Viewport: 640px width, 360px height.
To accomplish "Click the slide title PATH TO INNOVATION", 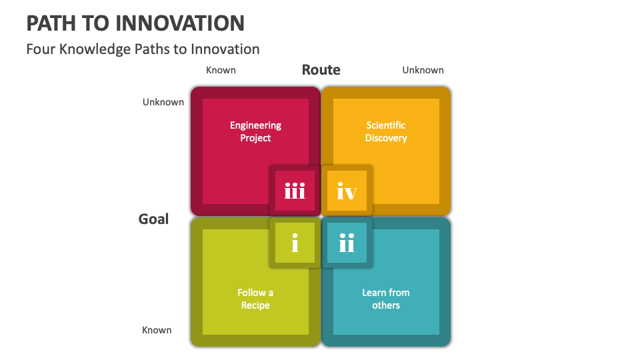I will click(135, 23).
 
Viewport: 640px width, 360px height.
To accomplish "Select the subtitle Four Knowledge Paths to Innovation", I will click(143, 49).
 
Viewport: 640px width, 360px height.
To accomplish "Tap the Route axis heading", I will click(321, 70).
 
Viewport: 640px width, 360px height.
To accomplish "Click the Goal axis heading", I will click(153, 219).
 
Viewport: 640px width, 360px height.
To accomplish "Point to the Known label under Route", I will click(221, 70).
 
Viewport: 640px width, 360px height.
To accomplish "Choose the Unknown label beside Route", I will click(423, 70).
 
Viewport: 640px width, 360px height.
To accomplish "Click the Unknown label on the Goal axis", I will click(163, 102).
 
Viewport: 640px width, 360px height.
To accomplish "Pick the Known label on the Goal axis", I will click(157, 330).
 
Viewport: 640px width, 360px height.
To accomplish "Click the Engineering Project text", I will click(255, 131).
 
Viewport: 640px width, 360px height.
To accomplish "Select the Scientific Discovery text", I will click(386, 131).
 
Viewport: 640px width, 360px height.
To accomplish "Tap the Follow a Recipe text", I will click(255, 299).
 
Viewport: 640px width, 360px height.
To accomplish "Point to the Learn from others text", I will click(386, 299).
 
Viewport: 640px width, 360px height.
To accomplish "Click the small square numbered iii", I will click(295, 192).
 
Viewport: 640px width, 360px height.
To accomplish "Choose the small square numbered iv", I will click(347, 192).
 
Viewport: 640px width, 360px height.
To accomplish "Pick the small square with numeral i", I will click(295, 243).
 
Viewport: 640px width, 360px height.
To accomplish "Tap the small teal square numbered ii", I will click(347, 243).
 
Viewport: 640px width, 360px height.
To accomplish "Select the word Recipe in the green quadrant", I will click(255, 305).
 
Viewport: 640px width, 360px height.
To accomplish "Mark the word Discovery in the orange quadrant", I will click(386, 138).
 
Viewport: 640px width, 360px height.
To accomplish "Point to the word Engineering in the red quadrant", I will click(255, 125).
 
